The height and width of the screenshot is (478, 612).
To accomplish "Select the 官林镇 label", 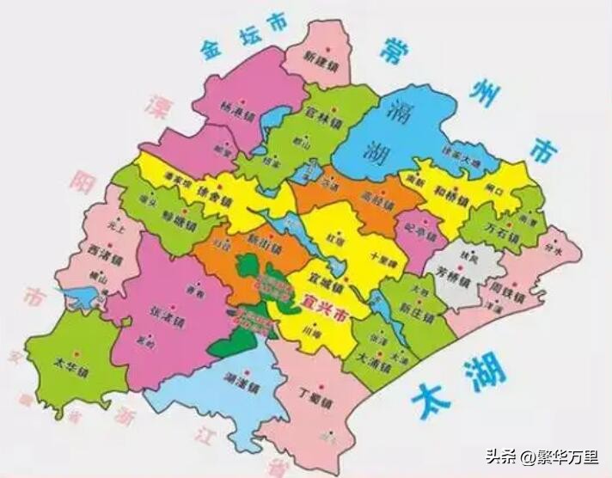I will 323,112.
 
